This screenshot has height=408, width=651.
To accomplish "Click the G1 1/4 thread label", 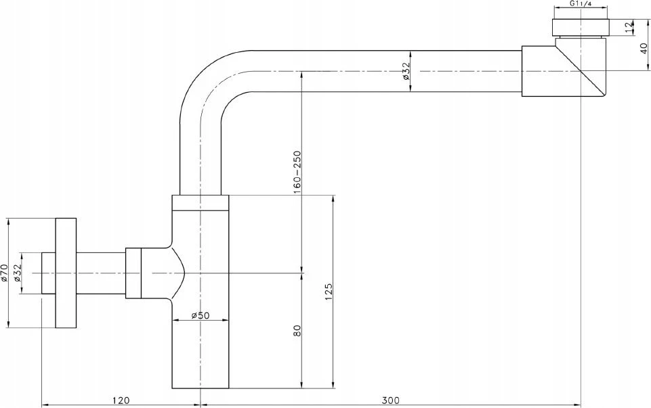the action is click(x=580, y=4).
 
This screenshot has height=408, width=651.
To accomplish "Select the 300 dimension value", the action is click(x=390, y=400).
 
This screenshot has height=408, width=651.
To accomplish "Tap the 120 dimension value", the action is click(x=121, y=400).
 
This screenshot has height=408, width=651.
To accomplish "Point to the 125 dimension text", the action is click(x=329, y=292).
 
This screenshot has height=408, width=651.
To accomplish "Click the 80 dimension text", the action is click(x=297, y=330).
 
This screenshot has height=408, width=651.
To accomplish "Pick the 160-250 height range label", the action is click(x=297, y=172).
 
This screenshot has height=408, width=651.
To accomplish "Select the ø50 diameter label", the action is click(x=201, y=315).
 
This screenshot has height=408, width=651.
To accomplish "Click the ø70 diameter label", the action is click(x=5, y=273).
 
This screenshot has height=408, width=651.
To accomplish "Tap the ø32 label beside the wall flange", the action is click(x=18, y=273).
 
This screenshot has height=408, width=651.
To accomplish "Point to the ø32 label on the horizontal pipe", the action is click(x=406, y=71).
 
